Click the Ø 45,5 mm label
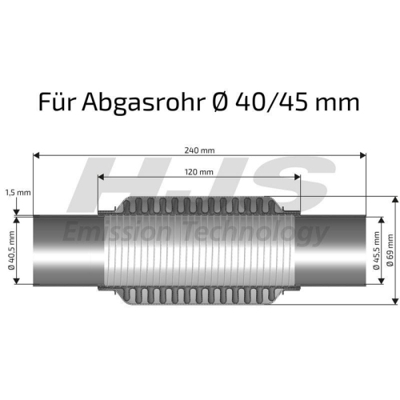point(377,250)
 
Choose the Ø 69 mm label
point(390,250)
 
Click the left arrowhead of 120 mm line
point(101,178)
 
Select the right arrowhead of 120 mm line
point(298,178)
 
